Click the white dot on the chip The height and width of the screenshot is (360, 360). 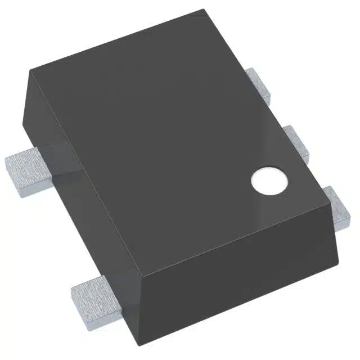pyautogui.click(x=268, y=181)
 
